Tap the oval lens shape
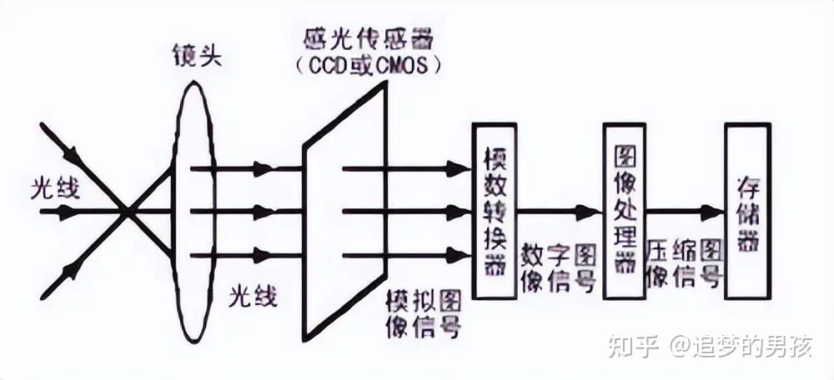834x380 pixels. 193,212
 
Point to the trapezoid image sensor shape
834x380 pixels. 344,212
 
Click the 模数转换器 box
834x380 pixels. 494,211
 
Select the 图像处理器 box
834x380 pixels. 624,211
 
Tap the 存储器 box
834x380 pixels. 746,211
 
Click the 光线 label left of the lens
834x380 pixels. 56,190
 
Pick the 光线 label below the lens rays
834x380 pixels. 254,295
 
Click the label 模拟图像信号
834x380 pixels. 425,312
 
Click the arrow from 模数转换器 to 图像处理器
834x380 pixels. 559,212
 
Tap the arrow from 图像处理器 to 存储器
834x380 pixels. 684,212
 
